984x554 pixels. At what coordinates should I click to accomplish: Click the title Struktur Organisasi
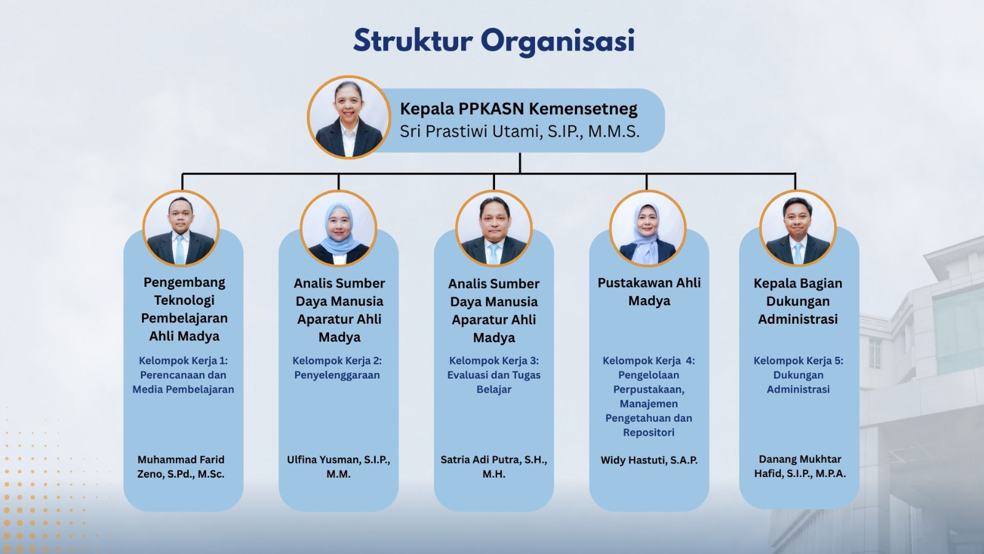494,41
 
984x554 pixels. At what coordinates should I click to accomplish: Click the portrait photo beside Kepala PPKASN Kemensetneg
349,117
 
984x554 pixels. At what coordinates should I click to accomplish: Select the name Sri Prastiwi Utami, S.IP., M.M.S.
519,132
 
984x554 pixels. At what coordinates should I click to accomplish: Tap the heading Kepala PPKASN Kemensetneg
518,108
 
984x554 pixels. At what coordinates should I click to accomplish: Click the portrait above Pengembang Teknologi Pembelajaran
181,228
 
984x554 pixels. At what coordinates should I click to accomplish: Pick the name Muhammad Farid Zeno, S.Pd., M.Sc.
181,467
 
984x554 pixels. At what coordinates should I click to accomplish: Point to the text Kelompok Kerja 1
183,361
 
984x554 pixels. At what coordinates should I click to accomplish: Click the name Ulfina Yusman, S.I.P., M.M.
338,467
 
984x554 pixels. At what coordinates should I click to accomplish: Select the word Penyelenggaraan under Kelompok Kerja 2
337,375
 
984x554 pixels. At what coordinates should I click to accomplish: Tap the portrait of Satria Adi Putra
494,228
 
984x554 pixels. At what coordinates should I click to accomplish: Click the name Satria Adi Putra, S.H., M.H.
494,467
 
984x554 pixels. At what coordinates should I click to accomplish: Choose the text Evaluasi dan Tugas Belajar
494,382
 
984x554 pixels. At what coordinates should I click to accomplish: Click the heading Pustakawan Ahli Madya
649,292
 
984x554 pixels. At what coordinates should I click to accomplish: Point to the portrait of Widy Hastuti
648,228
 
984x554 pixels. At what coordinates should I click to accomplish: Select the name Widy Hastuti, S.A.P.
649,460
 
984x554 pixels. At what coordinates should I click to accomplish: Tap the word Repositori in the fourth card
648,432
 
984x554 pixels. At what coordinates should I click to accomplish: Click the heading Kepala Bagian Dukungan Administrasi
798,301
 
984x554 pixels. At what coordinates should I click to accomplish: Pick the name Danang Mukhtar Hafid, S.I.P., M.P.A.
799,466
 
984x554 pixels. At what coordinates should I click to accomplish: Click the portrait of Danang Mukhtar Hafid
798,228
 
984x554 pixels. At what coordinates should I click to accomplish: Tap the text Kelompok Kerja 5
798,361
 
